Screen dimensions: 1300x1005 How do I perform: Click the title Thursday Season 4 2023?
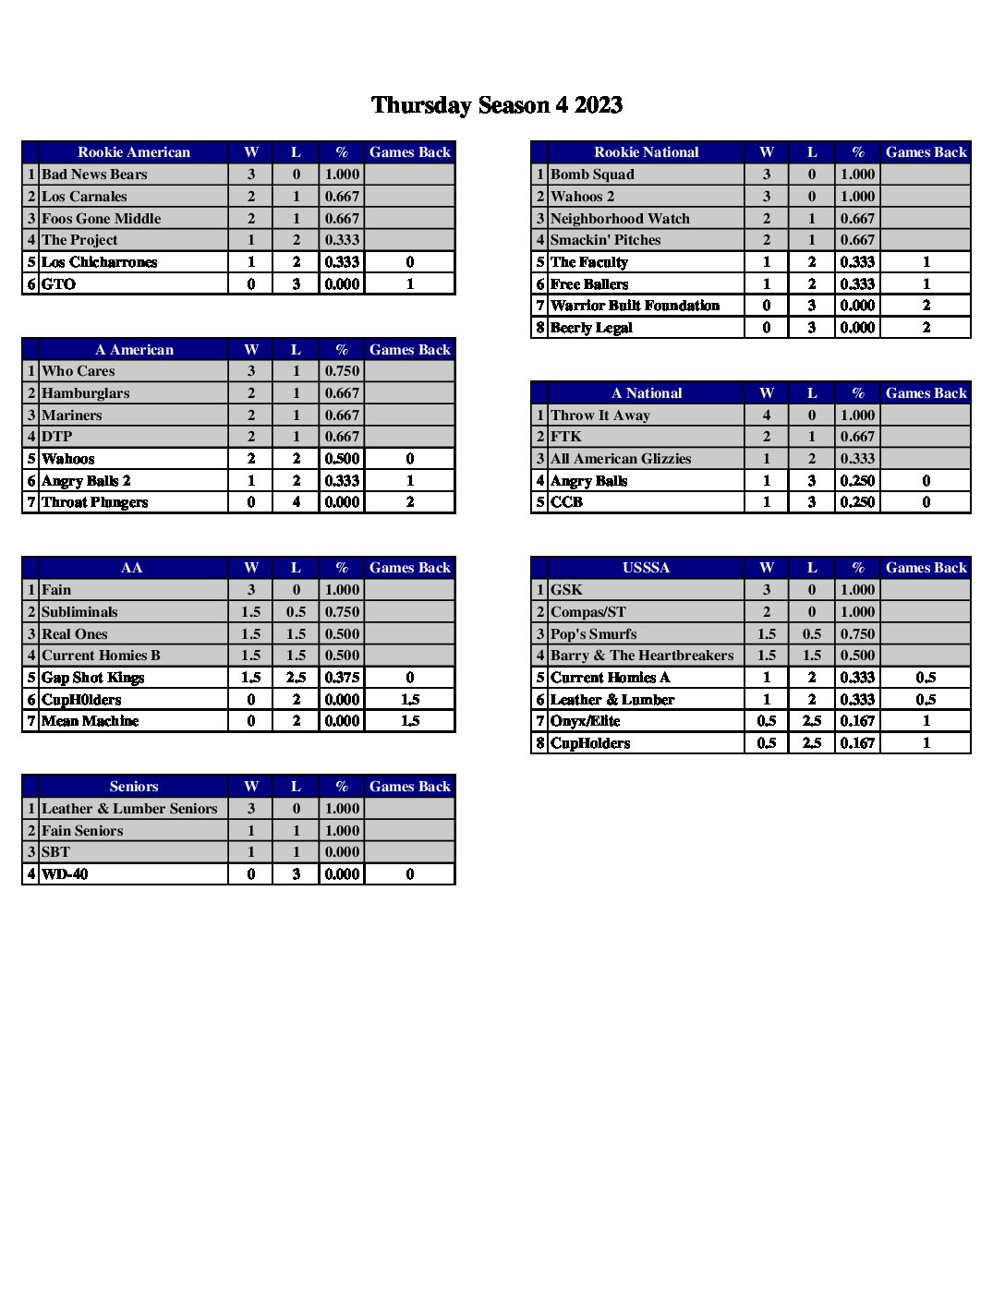(496, 105)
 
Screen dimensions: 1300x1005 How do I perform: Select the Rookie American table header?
(134, 152)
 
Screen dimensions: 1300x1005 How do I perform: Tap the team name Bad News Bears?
(94, 175)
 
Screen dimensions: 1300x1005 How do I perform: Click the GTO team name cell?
(59, 284)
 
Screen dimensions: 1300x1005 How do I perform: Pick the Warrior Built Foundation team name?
(635, 306)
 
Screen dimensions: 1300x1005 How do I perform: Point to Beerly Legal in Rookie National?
(591, 328)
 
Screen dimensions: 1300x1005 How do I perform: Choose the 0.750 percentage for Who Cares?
(342, 371)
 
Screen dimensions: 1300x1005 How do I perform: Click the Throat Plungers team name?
(94, 502)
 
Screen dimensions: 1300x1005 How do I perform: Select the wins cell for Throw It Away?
(766, 415)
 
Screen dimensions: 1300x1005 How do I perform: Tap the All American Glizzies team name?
(621, 459)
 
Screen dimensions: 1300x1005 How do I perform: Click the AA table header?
(132, 568)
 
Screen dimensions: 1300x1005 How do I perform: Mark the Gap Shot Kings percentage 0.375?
(342, 678)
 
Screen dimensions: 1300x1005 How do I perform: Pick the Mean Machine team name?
(90, 721)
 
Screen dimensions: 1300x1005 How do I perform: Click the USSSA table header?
(646, 568)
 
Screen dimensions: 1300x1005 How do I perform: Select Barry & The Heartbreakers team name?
(642, 656)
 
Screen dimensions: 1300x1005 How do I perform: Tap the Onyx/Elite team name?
(585, 721)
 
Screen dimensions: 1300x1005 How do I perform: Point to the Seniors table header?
(134, 787)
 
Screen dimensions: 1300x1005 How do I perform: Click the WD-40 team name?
(65, 874)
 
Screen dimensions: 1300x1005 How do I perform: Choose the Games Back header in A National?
(926, 393)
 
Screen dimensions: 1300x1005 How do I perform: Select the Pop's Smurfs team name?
(593, 634)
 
